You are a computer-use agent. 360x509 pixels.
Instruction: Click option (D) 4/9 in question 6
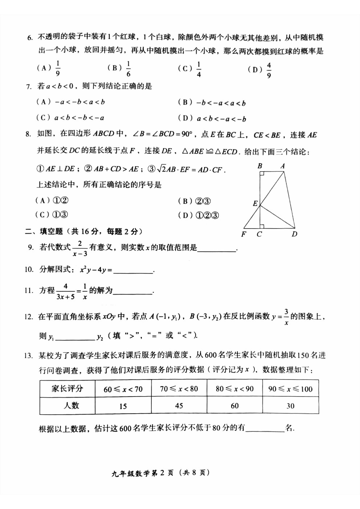(260, 70)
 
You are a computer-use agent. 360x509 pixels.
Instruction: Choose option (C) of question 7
(70, 118)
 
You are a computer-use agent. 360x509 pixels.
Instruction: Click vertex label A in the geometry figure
(283, 166)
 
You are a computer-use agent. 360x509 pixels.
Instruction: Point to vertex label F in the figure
(244, 234)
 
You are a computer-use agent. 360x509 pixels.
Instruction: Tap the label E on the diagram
(255, 204)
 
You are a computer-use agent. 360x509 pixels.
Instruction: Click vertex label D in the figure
(294, 234)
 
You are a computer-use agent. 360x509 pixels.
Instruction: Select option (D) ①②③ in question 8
(199, 215)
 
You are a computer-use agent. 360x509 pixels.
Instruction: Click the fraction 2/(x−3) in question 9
(80, 248)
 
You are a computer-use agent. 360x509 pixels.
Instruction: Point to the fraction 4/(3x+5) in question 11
(66, 291)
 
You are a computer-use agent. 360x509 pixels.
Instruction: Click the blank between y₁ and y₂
(75, 337)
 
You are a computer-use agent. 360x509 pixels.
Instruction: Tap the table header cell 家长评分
(67, 389)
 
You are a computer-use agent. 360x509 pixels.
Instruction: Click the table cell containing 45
(179, 406)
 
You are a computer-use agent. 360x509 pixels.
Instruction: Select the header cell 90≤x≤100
(290, 389)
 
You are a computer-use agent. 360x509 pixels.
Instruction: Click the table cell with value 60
(235, 406)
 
